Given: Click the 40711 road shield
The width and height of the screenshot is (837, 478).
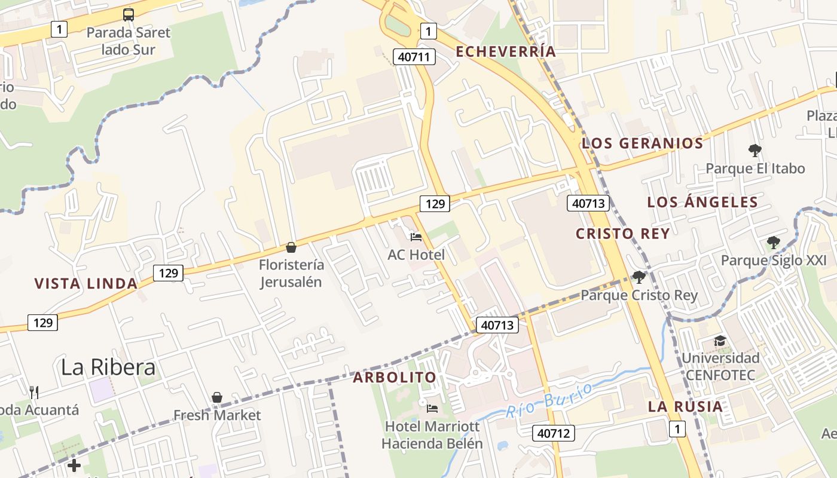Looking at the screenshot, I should click(414, 57).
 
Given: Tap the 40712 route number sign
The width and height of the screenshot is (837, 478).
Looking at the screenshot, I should click(553, 433).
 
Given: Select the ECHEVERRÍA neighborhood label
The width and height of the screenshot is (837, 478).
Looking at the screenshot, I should click(506, 51).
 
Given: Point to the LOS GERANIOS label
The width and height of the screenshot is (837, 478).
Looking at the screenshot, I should click(643, 143).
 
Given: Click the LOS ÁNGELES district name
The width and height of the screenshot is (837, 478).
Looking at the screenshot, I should click(702, 202).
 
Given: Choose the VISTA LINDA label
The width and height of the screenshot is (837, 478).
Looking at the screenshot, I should click(86, 283).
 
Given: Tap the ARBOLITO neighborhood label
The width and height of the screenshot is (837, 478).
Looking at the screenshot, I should click(395, 378).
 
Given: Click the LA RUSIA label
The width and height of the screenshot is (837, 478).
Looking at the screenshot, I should click(686, 406).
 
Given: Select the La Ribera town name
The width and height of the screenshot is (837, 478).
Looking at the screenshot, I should click(108, 367).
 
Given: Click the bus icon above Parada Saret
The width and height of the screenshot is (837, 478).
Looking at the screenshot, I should click(129, 15).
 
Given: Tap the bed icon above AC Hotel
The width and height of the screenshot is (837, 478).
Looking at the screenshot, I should click(416, 237).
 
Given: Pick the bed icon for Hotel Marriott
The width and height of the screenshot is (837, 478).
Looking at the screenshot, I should click(432, 409).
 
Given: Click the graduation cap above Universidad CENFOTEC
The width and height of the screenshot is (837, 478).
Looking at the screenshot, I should click(720, 341).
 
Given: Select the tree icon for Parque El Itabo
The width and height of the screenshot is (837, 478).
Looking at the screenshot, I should click(754, 150).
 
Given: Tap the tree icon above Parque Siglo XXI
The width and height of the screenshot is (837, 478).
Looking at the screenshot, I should click(774, 243).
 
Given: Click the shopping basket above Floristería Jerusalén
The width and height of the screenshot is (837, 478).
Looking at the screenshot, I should click(291, 247).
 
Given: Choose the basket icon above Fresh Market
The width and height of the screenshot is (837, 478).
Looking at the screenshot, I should click(217, 397).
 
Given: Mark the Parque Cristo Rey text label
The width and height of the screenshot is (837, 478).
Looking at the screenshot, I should click(639, 295).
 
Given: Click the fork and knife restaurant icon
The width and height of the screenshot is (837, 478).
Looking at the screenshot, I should click(34, 392).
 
